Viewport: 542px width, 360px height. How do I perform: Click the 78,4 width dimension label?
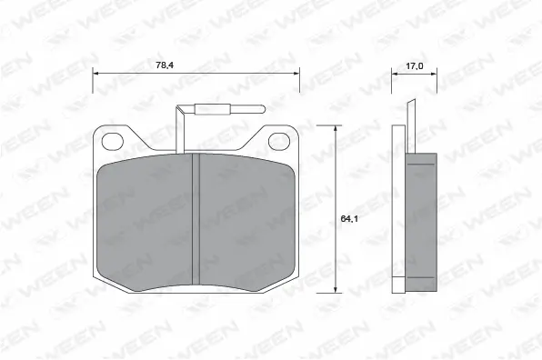click(x=165, y=65)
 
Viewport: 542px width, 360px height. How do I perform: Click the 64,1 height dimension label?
click(x=349, y=218)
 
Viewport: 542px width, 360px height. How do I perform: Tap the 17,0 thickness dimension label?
click(x=414, y=65)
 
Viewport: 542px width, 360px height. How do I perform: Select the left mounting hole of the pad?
click(x=113, y=141)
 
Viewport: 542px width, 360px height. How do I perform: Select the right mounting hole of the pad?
click(x=279, y=141)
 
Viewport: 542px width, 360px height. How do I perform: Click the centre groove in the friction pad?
click(x=196, y=219)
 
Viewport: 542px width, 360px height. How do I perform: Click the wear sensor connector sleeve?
click(x=212, y=109)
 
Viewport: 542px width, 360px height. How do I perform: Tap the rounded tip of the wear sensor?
click(x=263, y=109)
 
